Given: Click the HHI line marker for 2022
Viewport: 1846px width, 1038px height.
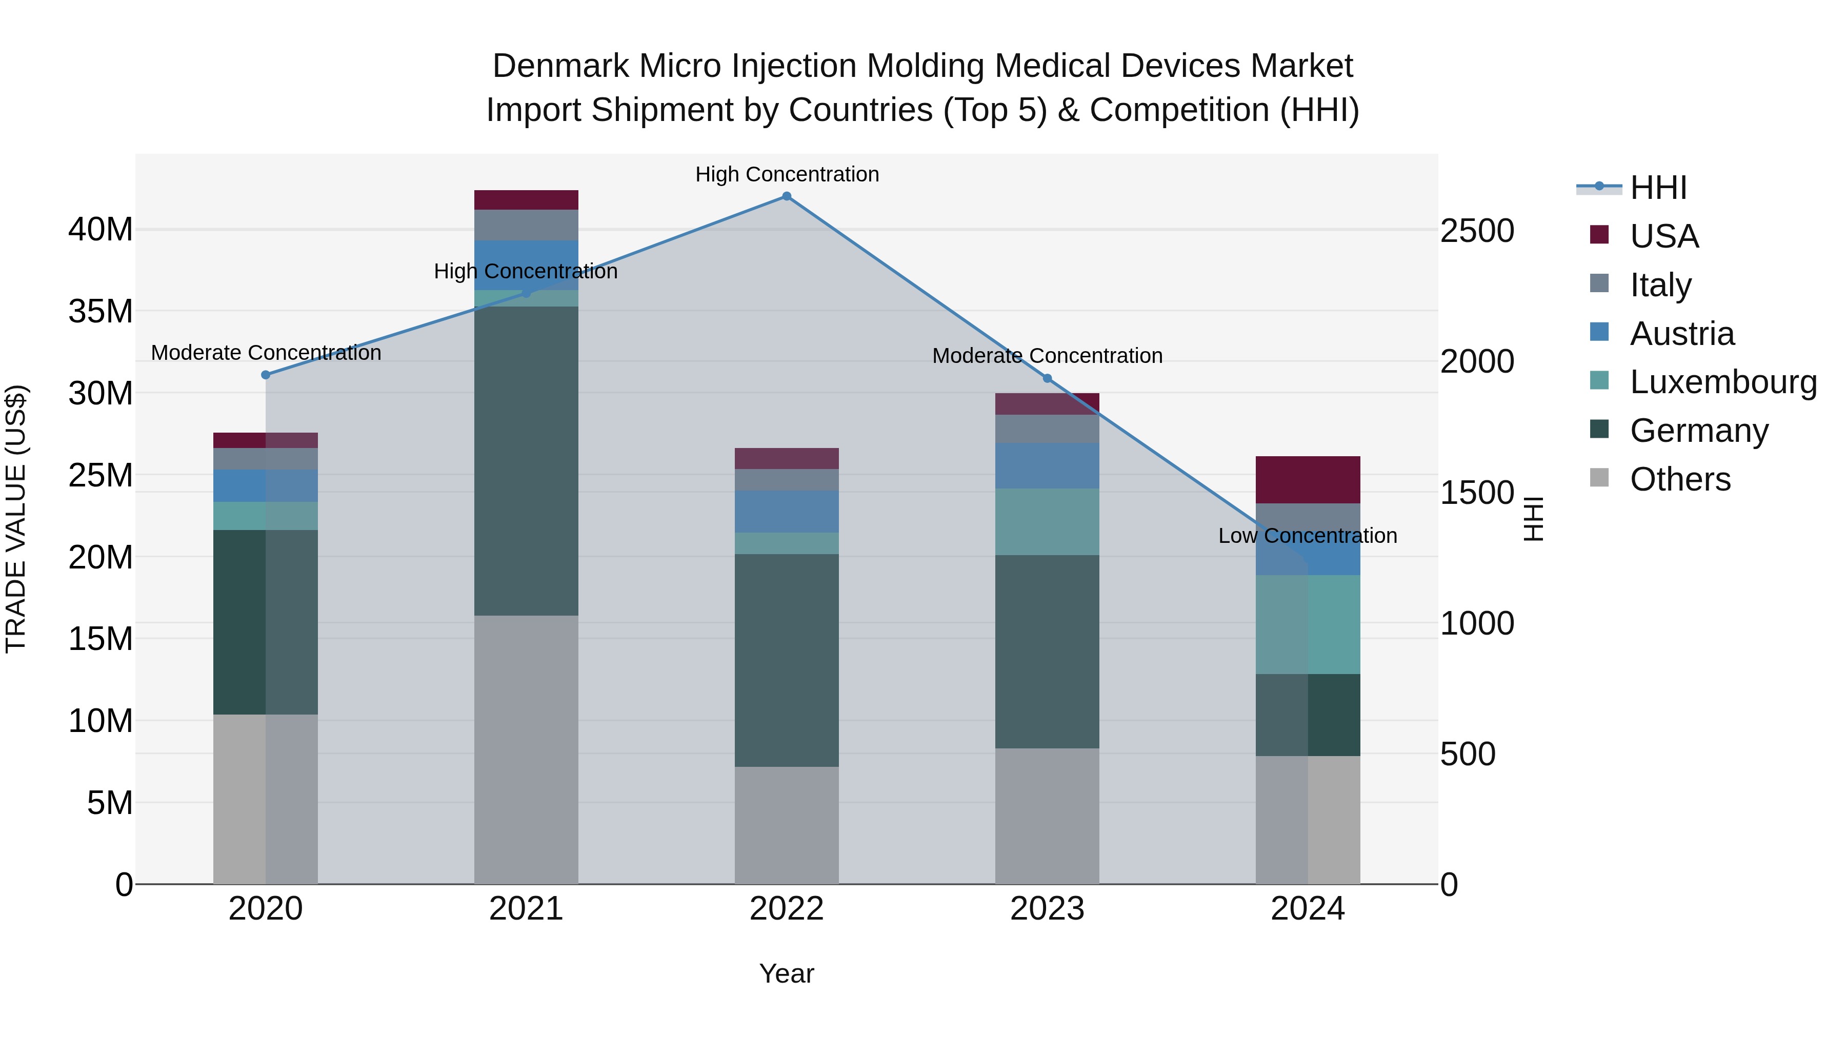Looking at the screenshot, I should click(786, 196).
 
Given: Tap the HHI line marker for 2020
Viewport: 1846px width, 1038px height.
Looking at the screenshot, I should click(266, 375).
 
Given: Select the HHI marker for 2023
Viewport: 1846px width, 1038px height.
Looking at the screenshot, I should click(1047, 378).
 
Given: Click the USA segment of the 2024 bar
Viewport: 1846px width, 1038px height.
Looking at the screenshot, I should click(1308, 479).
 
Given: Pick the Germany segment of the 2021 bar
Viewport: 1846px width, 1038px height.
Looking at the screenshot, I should click(526, 461).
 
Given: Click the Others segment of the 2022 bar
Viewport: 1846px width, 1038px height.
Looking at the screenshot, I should click(786, 825).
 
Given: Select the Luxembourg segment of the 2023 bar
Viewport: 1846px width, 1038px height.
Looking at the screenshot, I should click(1047, 521).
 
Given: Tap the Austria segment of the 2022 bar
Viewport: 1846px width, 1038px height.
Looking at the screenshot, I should click(786, 512).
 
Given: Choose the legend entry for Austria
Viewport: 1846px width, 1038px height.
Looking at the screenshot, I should click(1681, 334).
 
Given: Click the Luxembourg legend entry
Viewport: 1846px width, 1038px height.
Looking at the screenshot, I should click(1723, 382).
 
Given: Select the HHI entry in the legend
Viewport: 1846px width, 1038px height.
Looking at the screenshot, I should click(1657, 188).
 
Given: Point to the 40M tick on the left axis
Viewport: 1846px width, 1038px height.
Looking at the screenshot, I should click(101, 230).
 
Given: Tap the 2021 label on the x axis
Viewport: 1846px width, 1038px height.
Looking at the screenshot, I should click(526, 909).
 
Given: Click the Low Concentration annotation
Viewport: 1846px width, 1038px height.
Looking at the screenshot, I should click(1307, 536).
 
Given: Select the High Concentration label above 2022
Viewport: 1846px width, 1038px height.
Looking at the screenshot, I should click(787, 174).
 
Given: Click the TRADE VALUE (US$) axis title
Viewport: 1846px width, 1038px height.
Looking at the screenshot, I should click(16, 519).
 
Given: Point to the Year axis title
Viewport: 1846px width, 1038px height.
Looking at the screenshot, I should click(786, 973).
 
